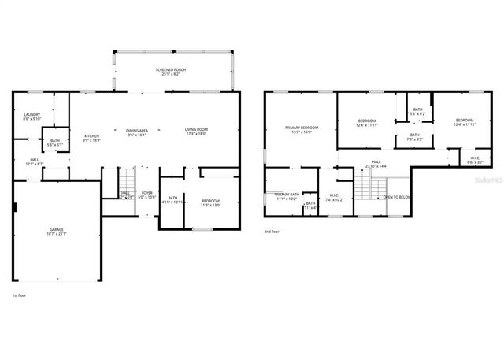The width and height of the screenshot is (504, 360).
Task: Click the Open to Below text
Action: pos(396,197)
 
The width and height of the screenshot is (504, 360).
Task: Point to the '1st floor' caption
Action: pos(20,295)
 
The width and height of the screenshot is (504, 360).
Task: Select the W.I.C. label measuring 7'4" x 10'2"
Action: pos(335,197)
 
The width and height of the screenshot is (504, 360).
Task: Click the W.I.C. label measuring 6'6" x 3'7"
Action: pos(474,160)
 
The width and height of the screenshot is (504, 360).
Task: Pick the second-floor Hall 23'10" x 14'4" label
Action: pos(376,165)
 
